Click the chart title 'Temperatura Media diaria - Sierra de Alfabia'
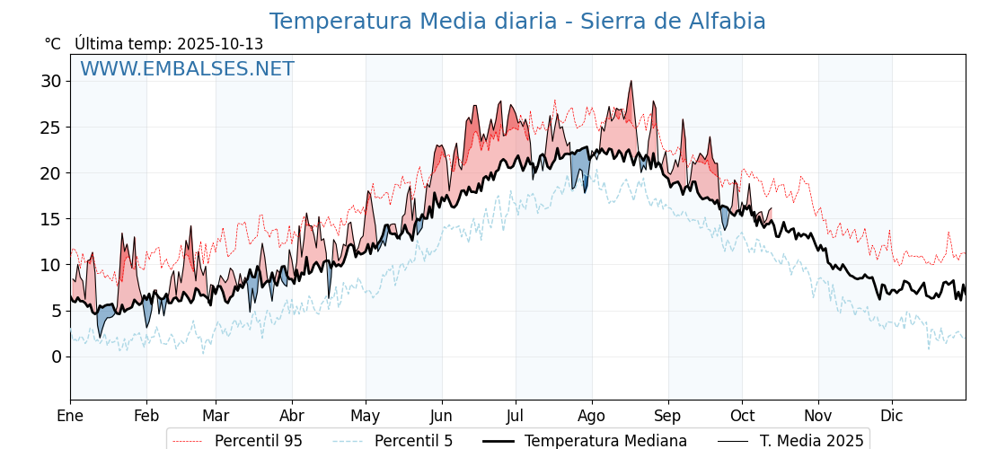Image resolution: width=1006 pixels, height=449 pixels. coord(517,22)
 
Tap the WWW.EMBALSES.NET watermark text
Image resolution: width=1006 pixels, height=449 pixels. coord(187,69)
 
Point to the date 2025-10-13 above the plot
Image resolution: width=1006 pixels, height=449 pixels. coord(220,44)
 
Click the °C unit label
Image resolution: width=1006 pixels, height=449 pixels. coord(53,44)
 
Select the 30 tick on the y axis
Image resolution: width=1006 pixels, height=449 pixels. coord(50,82)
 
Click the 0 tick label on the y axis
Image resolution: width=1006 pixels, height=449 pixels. coord(56,357)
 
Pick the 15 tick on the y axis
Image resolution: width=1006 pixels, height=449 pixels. coord(50,219)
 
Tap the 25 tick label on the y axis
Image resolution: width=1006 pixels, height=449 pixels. coord(50,128)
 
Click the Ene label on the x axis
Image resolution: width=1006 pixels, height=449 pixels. coord(70,416)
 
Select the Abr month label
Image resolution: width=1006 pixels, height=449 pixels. coord(292,416)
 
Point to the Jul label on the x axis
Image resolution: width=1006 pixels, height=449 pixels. coord(516,416)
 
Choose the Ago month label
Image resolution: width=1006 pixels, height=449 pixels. coord(592,416)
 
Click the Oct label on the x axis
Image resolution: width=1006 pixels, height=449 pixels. coord(742,416)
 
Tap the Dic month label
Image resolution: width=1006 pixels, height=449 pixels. coord(892,416)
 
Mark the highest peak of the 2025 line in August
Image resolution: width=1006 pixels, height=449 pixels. coord(631,82)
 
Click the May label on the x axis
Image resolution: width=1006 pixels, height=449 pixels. coord(366,416)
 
